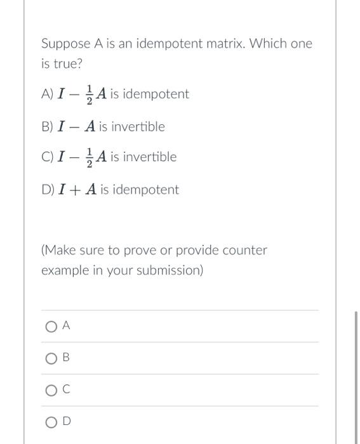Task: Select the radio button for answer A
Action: click(x=51, y=326)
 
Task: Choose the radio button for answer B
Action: click(x=51, y=358)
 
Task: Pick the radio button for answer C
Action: click(x=51, y=391)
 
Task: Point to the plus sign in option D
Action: click(x=74, y=190)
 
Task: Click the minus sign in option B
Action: click(x=74, y=127)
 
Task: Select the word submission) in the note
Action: click(x=170, y=270)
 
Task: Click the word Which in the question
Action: click(x=270, y=44)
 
